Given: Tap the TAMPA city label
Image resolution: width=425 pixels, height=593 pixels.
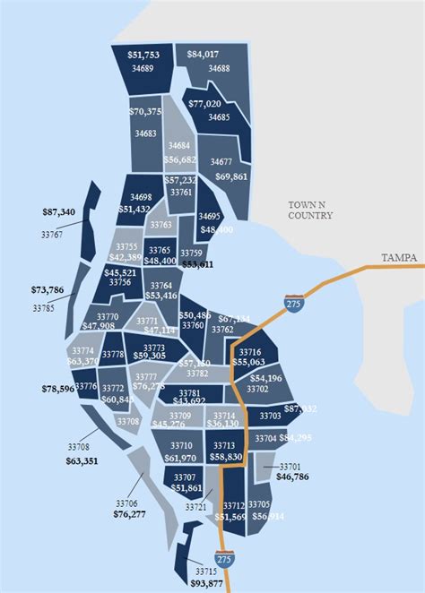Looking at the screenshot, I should pyautogui.click(x=397, y=258).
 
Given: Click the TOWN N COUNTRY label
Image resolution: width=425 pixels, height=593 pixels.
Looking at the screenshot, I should pyautogui.click(x=310, y=211).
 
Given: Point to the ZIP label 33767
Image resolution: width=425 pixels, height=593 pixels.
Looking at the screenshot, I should pyautogui.click(x=52, y=235).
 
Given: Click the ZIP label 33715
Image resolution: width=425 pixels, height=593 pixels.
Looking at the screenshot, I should pyautogui.click(x=205, y=572).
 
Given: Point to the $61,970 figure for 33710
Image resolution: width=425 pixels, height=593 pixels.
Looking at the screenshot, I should pyautogui.click(x=180, y=458).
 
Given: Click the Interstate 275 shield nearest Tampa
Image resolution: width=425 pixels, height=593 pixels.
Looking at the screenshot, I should pyautogui.click(x=293, y=304).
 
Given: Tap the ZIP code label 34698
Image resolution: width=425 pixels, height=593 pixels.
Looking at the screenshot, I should pyautogui.click(x=141, y=196).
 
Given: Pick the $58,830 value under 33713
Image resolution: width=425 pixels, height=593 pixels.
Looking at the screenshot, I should pyautogui.click(x=225, y=457).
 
